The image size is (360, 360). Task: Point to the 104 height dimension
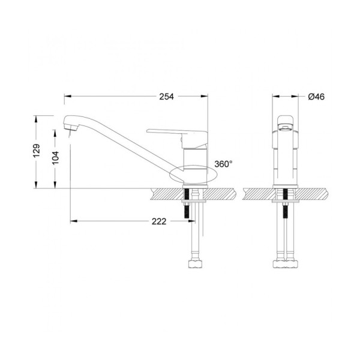pos(56,157)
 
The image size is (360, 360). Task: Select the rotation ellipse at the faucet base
pos(193,175)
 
